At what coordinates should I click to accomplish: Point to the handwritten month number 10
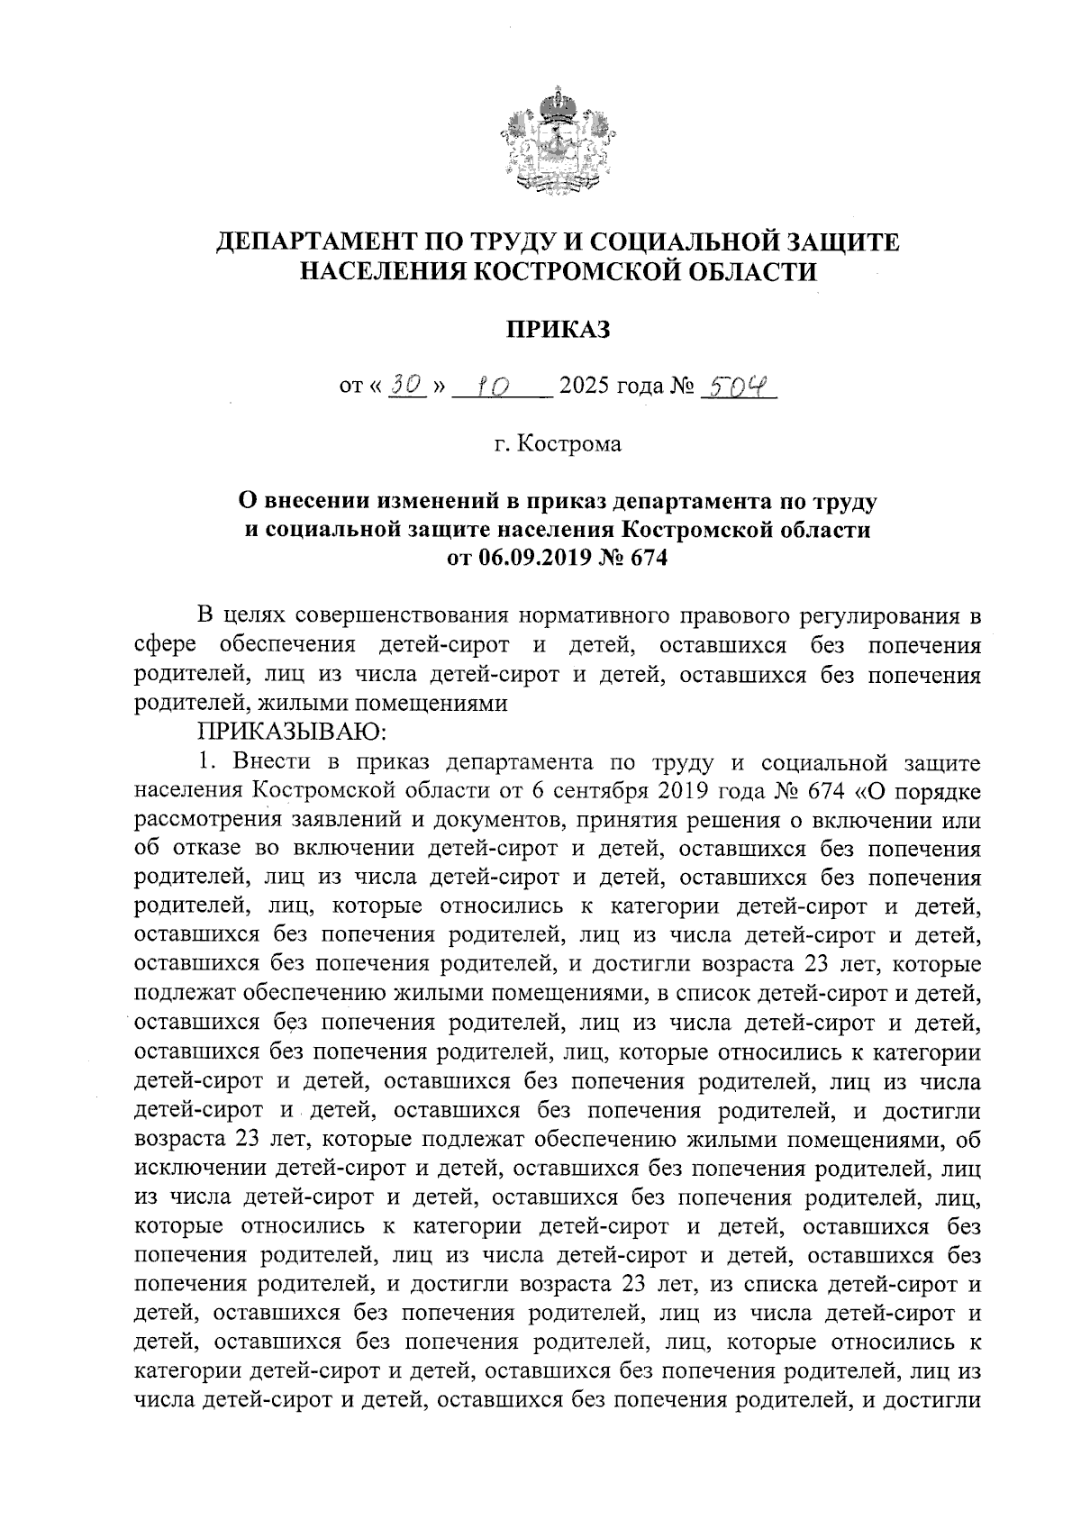tap(493, 387)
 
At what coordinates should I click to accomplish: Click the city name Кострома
tap(571, 444)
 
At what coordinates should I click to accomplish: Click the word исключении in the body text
tap(198, 1169)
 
